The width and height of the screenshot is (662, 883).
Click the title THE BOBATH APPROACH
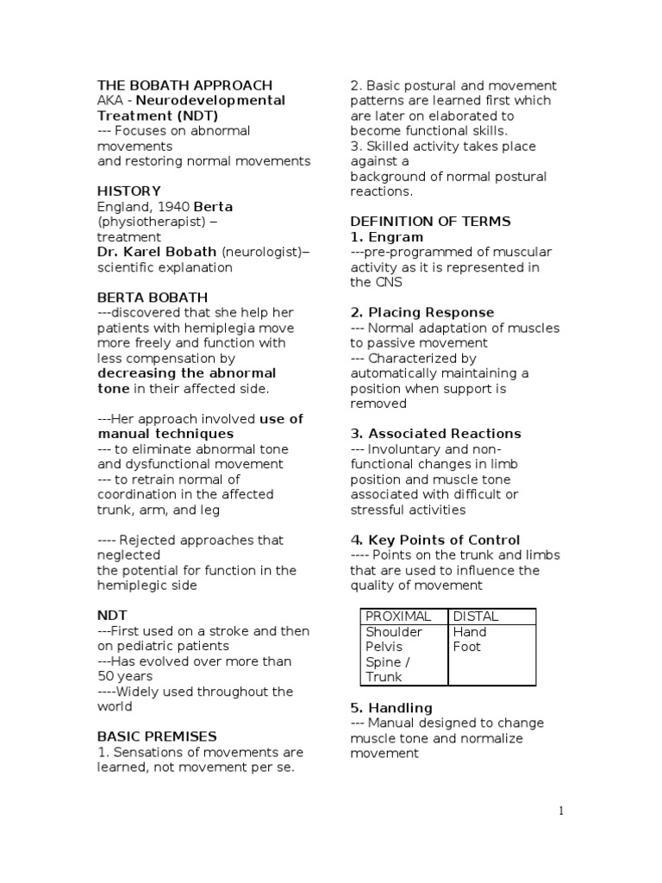point(184,85)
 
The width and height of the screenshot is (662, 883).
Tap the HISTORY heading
point(128,191)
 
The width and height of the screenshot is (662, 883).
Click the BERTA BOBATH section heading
point(152,297)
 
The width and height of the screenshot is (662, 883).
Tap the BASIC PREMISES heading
point(157,736)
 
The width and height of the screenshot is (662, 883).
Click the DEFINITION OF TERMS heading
point(430,222)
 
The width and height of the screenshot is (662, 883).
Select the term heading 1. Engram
point(387,237)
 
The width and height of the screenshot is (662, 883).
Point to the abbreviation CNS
point(389,282)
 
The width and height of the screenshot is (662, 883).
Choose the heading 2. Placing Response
point(422,312)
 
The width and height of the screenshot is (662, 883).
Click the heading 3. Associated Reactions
point(435,434)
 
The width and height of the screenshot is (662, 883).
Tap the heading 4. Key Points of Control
point(435,540)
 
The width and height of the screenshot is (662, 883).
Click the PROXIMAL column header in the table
point(398,617)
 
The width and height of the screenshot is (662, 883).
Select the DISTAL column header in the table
point(476,617)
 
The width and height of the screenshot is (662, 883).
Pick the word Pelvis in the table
point(384,647)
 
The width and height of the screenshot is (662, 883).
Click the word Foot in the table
point(467,647)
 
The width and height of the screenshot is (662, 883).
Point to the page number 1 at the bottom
point(560,811)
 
